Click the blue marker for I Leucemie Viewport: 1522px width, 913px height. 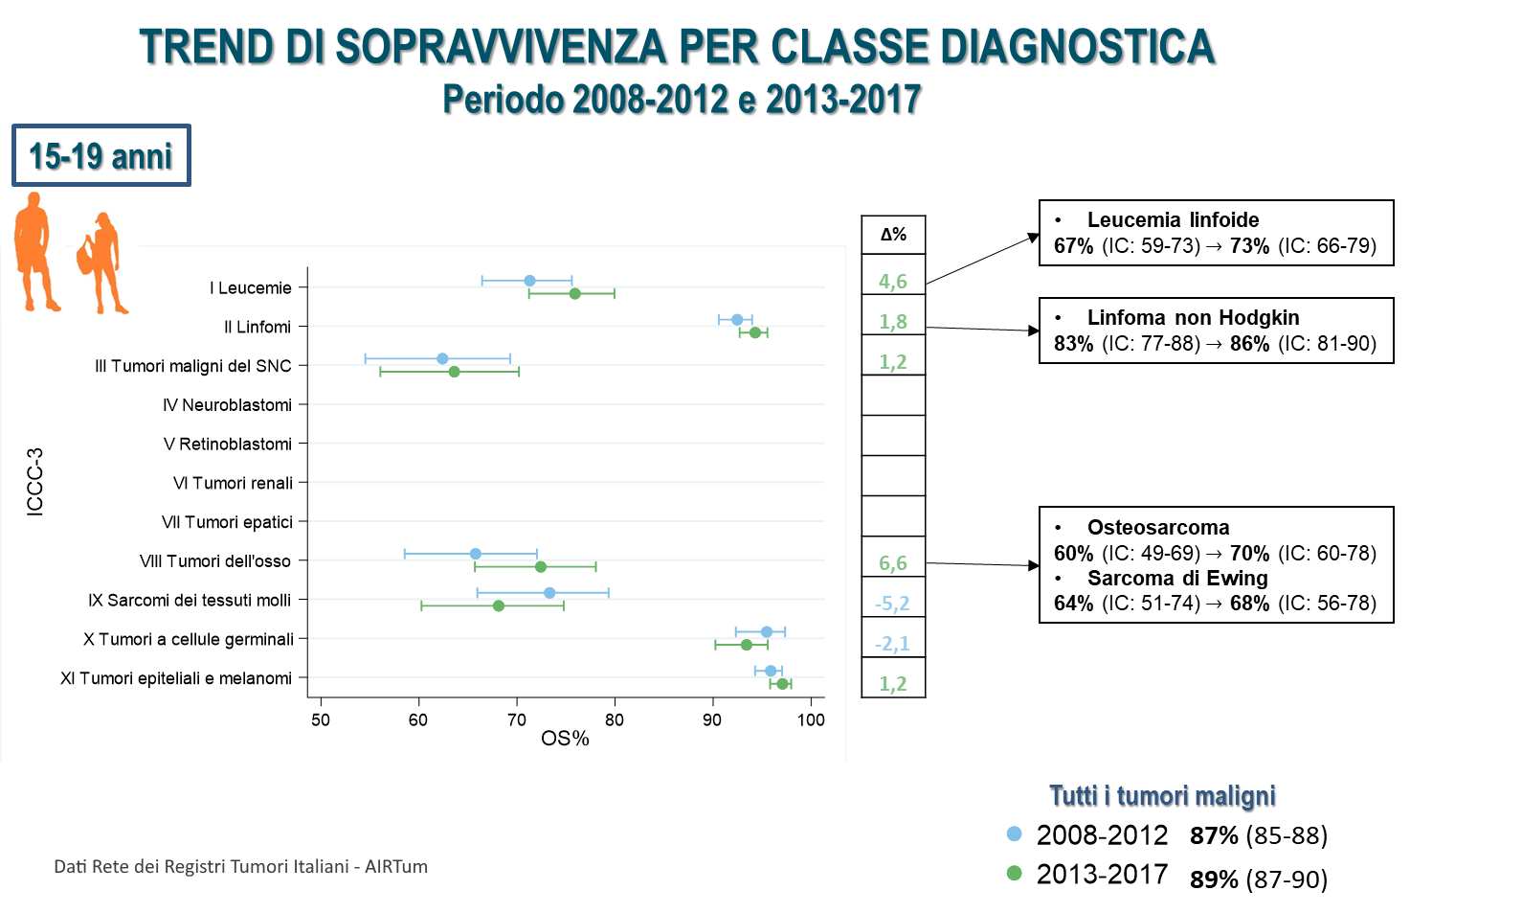tap(529, 281)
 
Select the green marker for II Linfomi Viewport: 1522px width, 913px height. tap(754, 332)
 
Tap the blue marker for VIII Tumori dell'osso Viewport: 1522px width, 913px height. tap(475, 554)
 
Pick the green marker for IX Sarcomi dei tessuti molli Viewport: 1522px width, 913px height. tap(498, 605)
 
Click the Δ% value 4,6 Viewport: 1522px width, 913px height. tap(892, 282)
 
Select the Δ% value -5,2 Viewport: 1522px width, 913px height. tap(892, 604)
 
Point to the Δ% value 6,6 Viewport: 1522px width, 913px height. tap(892, 563)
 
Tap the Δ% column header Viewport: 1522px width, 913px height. tap(893, 235)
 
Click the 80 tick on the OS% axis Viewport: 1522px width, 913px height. tap(615, 720)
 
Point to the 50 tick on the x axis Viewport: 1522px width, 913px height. tap(321, 720)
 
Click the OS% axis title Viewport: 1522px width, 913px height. tap(565, 739)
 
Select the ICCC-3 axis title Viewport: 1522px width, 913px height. tap(35, 482)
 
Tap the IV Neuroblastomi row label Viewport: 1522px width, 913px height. tap(227, 405)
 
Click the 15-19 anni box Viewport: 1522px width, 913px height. tap(101, 155)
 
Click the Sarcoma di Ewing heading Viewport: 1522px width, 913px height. tap(1176, 579)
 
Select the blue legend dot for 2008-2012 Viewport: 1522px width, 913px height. tap(1015, 834)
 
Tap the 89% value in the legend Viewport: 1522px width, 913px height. tap(1214, 879)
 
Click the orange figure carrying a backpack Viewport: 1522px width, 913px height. tap(101, 262)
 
